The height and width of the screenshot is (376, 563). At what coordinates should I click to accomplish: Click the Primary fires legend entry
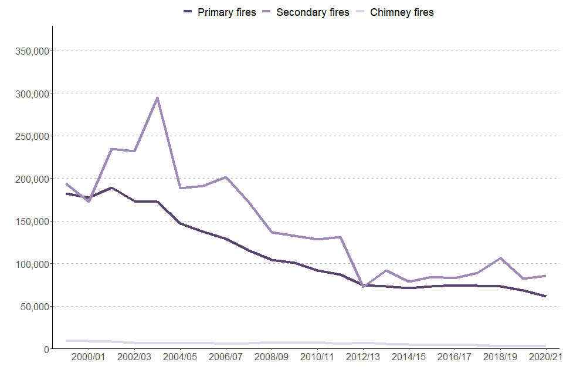pos(220,12)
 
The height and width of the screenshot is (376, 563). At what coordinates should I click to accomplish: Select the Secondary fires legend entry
pos(306,12)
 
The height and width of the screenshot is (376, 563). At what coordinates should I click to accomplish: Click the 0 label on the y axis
pos(46,349)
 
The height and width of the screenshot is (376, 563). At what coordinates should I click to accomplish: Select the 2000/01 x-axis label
pos(89,357)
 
